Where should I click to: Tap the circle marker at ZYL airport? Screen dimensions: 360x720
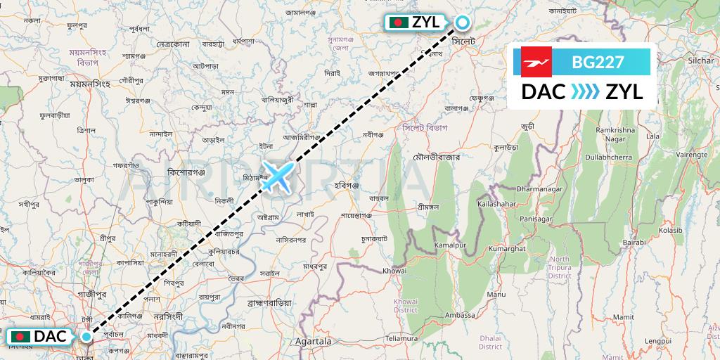point(462,22)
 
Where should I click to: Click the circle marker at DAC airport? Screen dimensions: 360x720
point(86,337)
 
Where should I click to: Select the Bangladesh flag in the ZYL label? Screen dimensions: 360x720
point(399,22)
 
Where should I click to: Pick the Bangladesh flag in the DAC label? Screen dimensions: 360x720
point(21,337)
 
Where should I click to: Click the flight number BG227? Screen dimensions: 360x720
point(598,62)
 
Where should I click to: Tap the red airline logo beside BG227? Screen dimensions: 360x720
point(536,62)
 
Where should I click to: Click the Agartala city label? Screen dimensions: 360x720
point(314,341)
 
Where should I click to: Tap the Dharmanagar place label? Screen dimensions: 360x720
point(541,188)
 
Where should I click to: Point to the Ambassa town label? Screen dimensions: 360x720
point(461,315)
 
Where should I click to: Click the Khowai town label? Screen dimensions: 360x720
point(394,271)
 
